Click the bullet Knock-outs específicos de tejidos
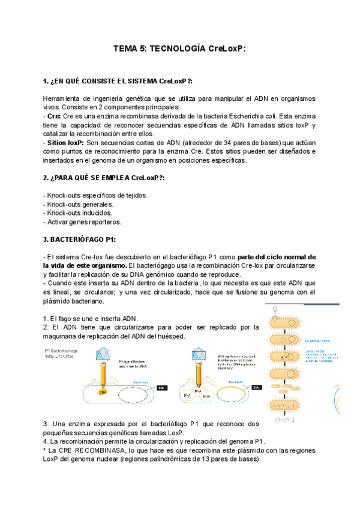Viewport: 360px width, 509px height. [x=95, y=196]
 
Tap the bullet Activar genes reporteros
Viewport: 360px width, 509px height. [x=82, y=221]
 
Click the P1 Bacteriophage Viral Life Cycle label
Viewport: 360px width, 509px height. [x=66, y=352]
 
